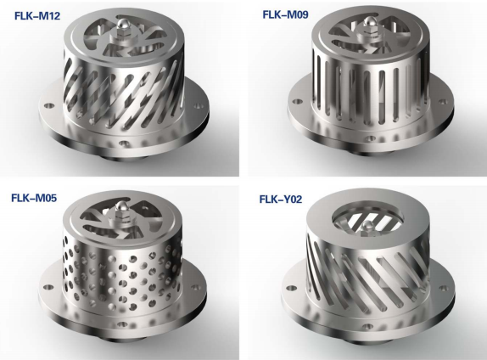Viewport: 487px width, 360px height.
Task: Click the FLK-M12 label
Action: [x=37, y=16]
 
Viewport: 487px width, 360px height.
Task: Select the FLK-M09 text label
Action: [x=285, y=14]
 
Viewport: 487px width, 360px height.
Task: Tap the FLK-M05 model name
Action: [x=34, y=198]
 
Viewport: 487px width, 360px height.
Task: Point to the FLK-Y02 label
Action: [x=281, y=199]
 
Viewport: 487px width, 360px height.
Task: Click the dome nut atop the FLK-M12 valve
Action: [x=123, y=23]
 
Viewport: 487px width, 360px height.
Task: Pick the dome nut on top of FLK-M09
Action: [x=369, y=21]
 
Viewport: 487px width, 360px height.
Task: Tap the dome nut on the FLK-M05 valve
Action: [x=120, y=205]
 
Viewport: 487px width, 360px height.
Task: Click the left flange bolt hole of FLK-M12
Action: [x=48, y=105]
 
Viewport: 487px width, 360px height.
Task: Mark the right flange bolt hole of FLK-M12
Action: [x=198, y=107]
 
